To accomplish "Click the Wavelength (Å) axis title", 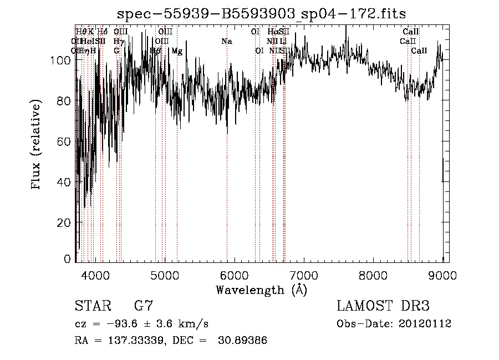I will (261, 290).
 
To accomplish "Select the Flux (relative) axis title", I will (37, 145).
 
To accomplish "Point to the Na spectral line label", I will (226, 42).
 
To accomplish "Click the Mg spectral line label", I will (177, 51).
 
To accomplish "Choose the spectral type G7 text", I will (144, 306).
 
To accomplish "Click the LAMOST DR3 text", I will (383, 306).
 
